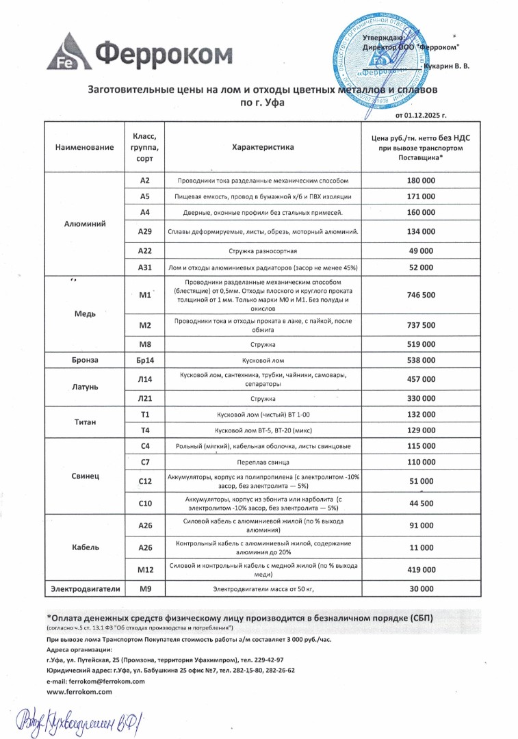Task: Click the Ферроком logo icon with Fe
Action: coord(68,52)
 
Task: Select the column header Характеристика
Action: coord(263,147)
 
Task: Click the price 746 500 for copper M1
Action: coord(421,295)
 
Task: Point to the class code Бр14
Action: coord(144,360)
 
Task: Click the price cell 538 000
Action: coord(421,360)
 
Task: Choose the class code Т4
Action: coord(144,430)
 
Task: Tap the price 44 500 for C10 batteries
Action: coord(421,503)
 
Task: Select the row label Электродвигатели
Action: coord(85,588)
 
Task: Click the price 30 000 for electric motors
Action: coord(421,588)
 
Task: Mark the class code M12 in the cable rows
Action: coord(144,569)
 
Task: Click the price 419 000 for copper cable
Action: coord(421,569)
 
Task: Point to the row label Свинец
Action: coord(85,475)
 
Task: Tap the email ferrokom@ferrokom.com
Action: coord(96,682)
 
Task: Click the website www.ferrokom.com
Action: coord(79,692)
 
